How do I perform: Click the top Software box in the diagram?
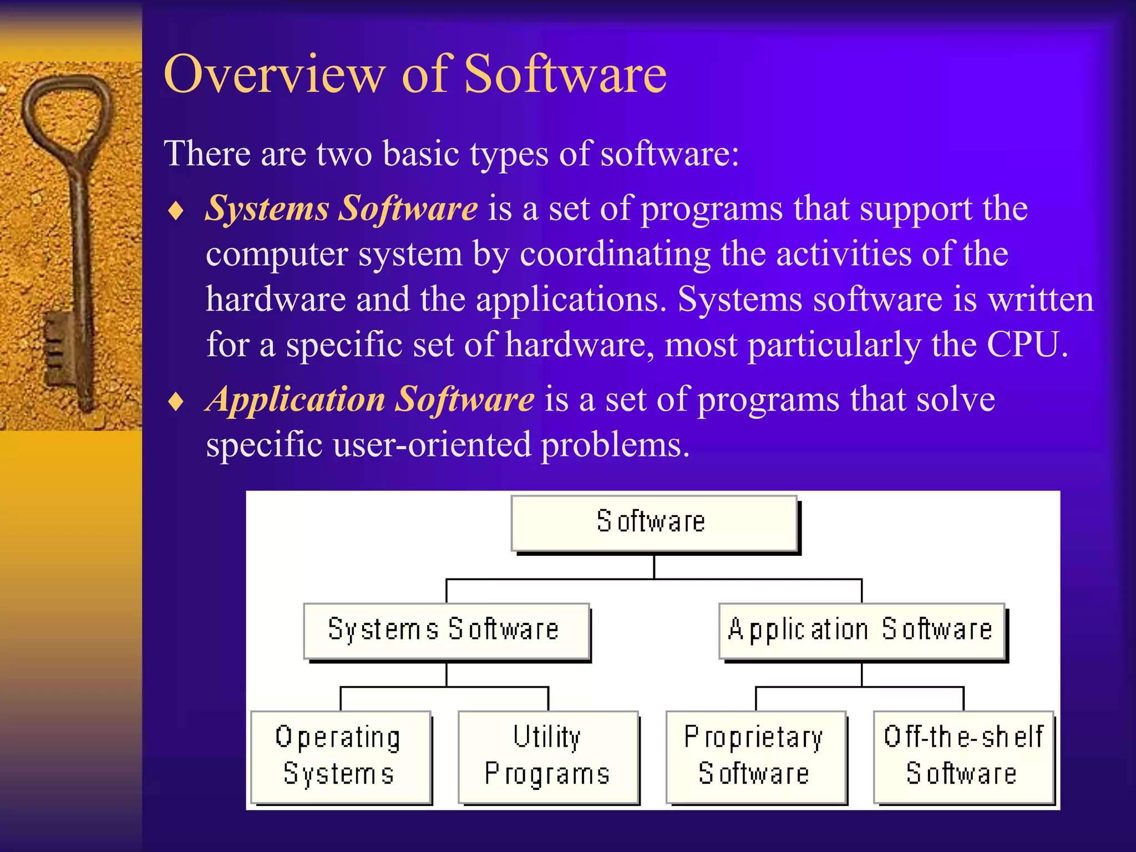coord(653,523)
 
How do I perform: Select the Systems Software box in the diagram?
coord(446,631)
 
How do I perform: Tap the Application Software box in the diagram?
coord(861,631)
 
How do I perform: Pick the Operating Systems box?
coord(341,757)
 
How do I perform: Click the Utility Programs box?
coord(547,757)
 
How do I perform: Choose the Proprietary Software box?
coord(755,757)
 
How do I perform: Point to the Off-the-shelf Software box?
coord(963,757)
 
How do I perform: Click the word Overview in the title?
coord(274,75)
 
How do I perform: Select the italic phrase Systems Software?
coord(341,209)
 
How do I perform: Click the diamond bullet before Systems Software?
coord(176,211)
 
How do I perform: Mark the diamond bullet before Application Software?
coord(176,402)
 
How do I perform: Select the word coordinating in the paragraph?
coord(615,255)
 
